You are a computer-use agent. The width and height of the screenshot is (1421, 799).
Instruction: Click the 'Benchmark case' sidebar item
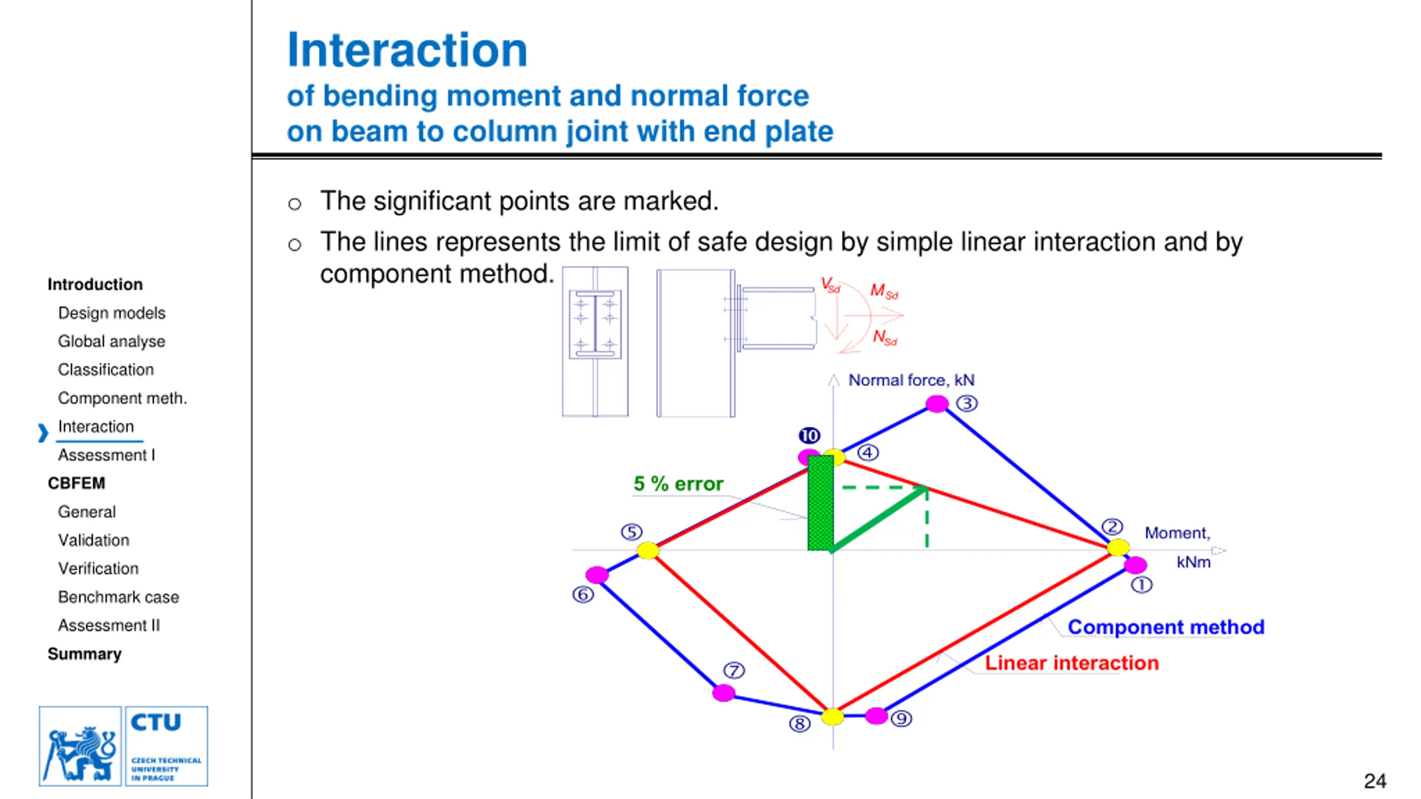118,597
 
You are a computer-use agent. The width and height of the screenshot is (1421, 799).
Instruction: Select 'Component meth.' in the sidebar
122,398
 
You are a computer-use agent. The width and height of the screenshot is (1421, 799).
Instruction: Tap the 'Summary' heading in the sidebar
84,654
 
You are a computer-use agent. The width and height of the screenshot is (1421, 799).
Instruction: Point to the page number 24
1374,781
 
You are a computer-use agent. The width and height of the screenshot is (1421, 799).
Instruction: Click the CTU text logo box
167,746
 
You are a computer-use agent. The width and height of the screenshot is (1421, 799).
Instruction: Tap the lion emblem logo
80,746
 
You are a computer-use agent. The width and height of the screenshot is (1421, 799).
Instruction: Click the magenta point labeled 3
937,403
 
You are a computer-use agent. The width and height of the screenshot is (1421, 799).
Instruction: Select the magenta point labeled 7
723,692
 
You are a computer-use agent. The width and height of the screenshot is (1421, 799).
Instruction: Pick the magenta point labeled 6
597,575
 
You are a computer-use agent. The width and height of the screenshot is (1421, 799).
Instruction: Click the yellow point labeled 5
647,550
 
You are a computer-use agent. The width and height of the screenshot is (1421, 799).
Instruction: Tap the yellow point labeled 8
833,716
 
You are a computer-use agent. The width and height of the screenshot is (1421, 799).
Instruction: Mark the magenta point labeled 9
876,716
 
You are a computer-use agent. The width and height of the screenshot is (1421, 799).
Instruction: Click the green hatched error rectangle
820,503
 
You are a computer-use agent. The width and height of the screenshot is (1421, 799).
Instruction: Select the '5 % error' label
678,484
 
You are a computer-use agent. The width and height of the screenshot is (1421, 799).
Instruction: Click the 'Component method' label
1166,627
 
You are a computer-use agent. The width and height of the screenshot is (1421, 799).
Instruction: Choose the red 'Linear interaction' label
1071,663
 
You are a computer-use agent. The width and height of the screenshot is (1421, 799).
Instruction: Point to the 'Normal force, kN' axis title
911,380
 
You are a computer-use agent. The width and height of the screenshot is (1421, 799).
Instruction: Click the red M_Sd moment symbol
884,291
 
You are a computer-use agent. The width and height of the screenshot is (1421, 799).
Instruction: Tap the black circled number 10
809,436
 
